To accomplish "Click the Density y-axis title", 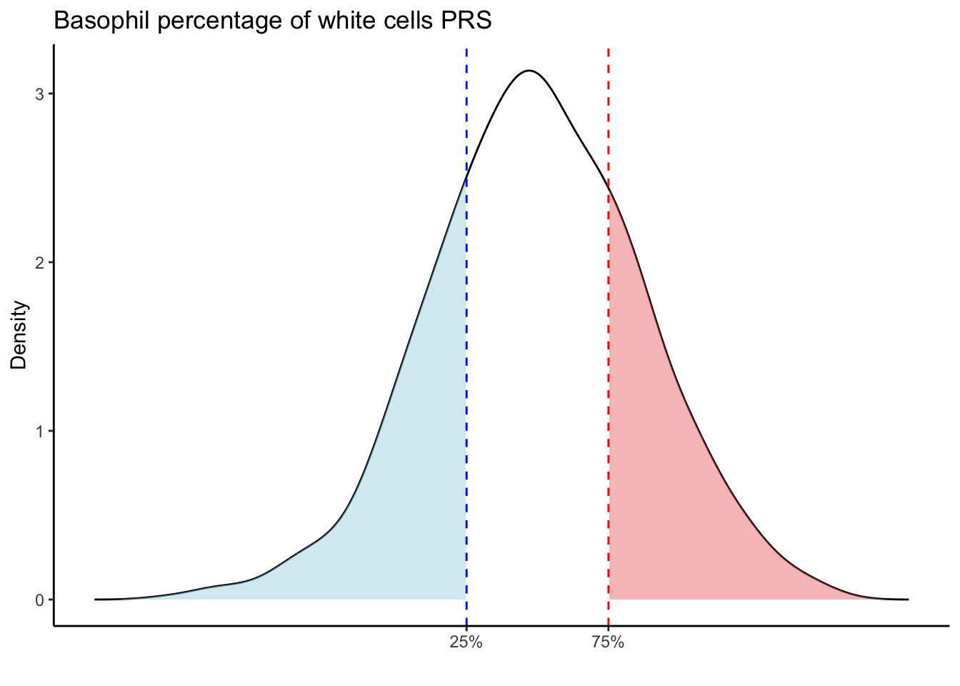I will (x=19, y=334).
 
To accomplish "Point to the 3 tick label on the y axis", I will (x=40, y=94).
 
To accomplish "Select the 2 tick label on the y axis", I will (x=40, y=262).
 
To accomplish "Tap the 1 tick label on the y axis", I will (x=40, y=431).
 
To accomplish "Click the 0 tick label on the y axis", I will (x=40, y=600).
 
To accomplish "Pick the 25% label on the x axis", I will (x=466, y=643).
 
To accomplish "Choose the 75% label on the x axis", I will (x=608, y=643).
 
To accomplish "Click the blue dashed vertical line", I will (x=466, y=357).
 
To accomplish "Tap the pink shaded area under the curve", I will (x=657, y=500).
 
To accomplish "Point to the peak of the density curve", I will (x=529, y=71).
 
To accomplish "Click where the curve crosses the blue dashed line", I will (x=466, y=174).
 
